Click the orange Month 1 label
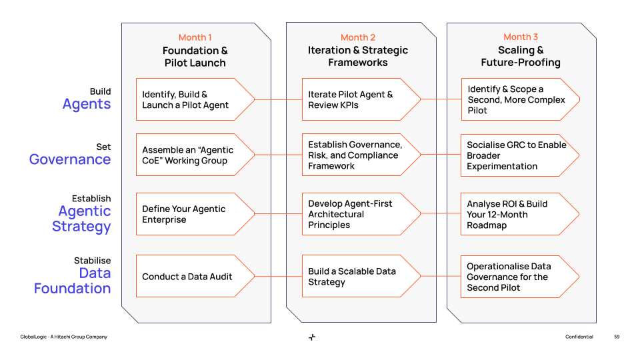tap(195, 37)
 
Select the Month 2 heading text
tap(358, 37)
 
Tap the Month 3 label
tap(521, 37)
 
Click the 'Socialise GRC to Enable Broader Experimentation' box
tap(517, 155)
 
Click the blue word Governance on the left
tap(70, 159)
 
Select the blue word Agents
tap(87, 104)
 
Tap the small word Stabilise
tap(93, 261)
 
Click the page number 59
tap(617, 337)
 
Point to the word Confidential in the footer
tap(579, 337)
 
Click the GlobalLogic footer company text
tap(63, 337)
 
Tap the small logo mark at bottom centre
tap(312, 337)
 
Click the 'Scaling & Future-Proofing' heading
tap(521, 56)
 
